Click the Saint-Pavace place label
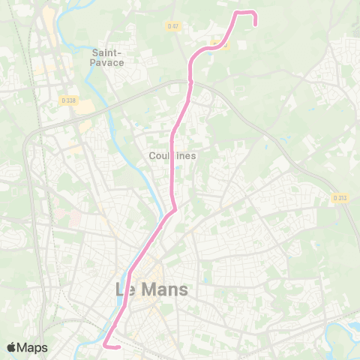tap(108, 58)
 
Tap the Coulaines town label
tap(172, 156)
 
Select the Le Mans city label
tap(151, 289)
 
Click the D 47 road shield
tap(173, 25)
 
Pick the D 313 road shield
tap(339, 198)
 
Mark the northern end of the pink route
tap(256, 24)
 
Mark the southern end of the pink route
tap(119, 346)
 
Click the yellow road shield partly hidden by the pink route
tap(220, 44)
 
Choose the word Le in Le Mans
tap(125, 289)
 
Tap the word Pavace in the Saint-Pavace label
tap(108, 63)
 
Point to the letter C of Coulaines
tap(152, 156)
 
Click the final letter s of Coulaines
tap(193, 156)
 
